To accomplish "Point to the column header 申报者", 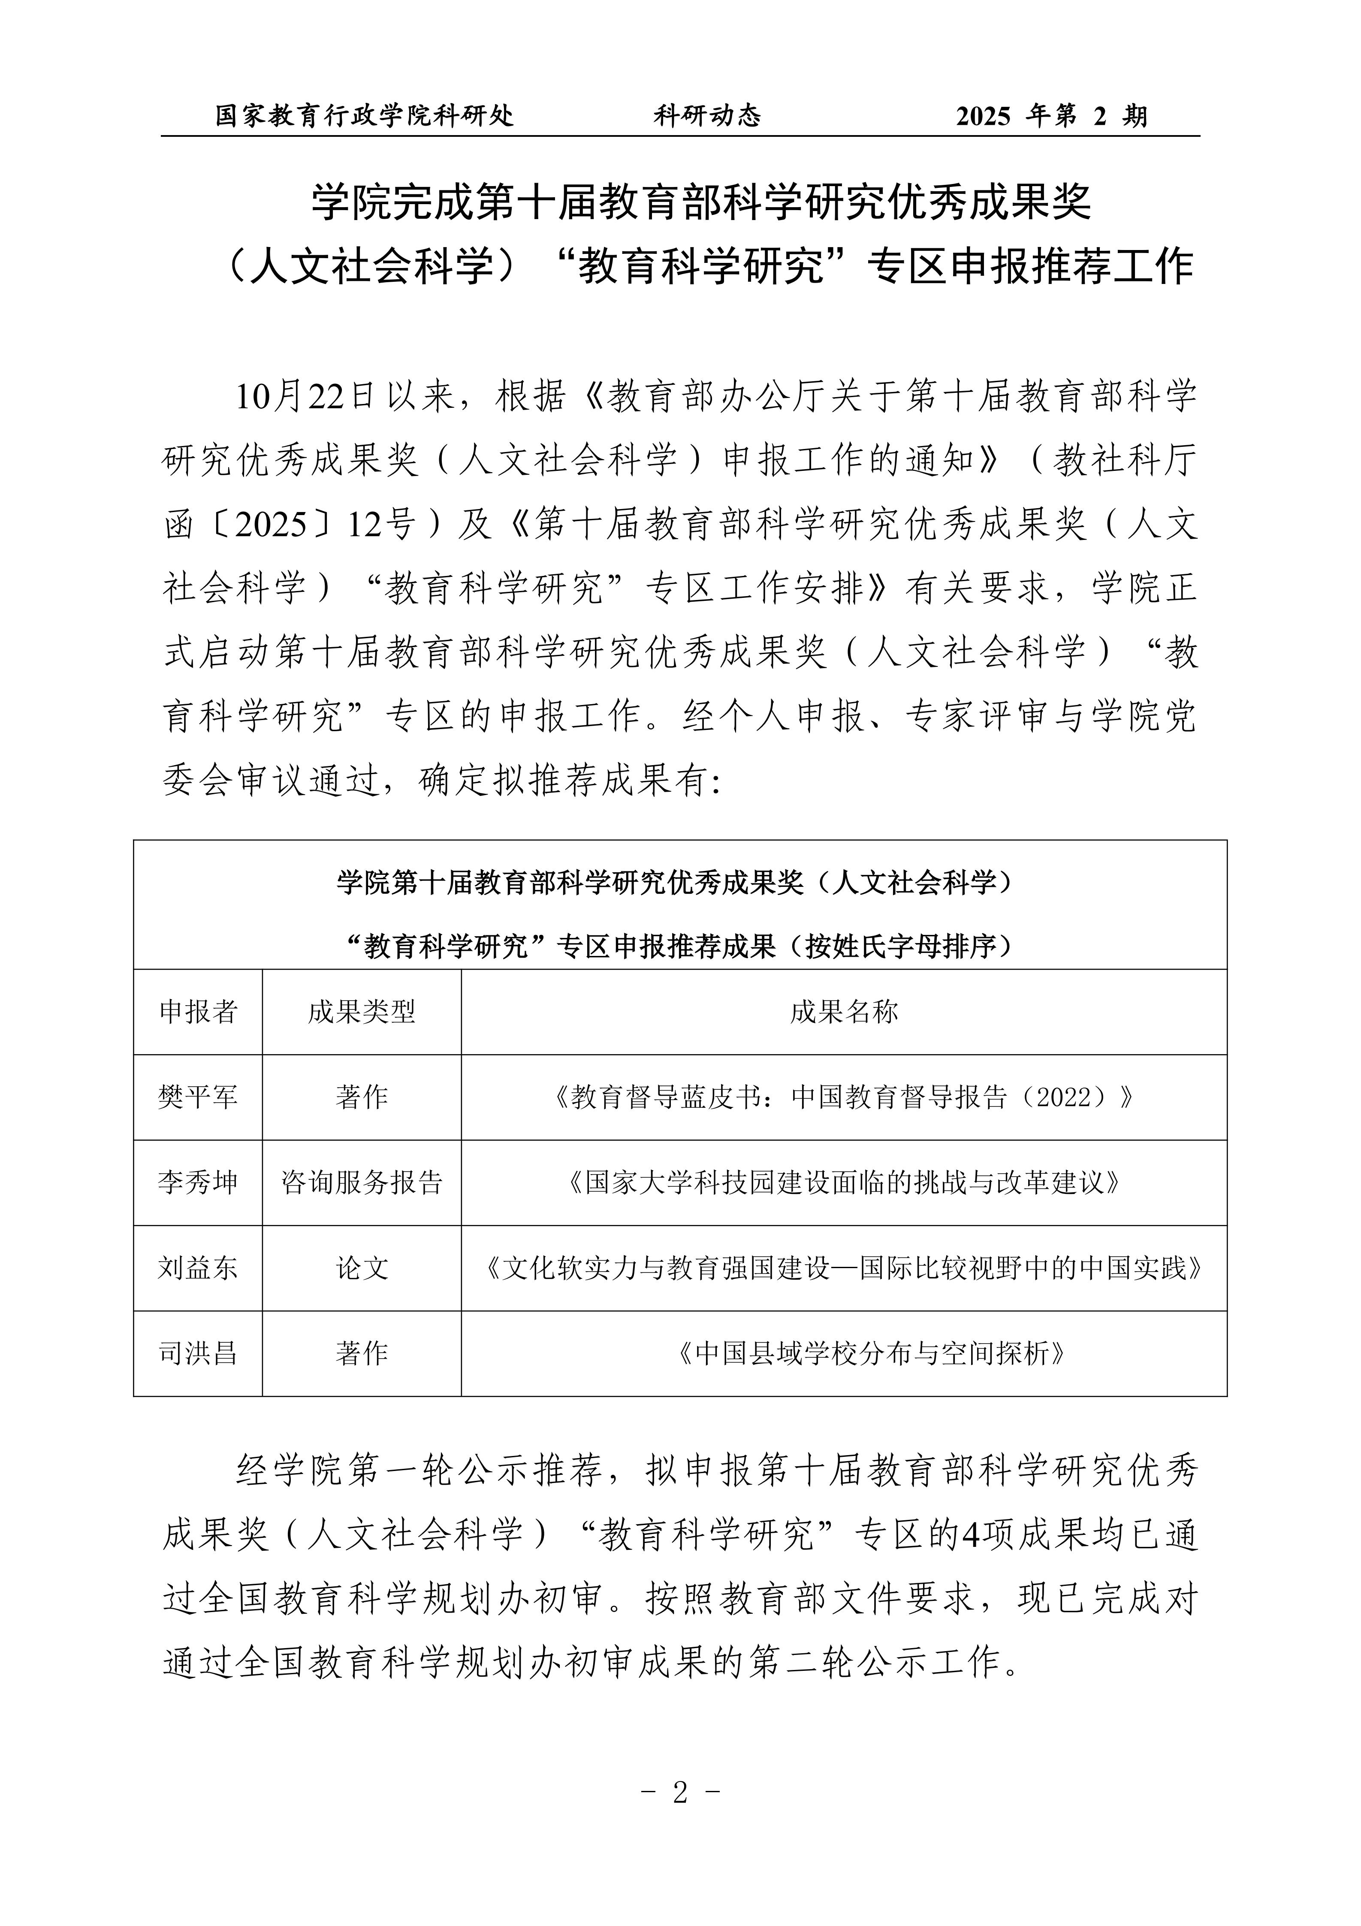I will [198, 1012].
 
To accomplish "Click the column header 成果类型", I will [362, 1012].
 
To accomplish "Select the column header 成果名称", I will [843, 1012].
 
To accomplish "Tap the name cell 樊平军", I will [198, 1097].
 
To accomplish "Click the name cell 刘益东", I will [198, 1268].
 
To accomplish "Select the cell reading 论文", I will [362, 1268].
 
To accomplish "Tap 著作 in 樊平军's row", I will [362, 1097].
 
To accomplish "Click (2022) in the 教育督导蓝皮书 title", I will [1064, 1097].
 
